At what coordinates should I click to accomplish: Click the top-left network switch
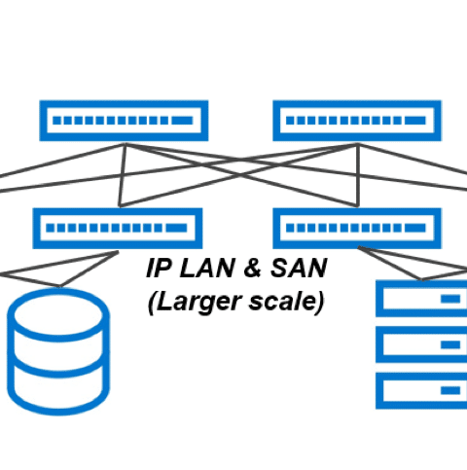click(124, 121)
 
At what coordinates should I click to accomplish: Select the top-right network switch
click(357, 121)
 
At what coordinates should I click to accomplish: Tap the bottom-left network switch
click(118, 229)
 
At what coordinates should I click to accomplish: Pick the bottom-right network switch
click(357, 229)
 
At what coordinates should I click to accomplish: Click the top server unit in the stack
click(421, 299)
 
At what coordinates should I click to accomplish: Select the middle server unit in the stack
click(421, 344)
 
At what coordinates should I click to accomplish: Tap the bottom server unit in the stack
click(421, 390)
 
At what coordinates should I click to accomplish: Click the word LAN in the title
click(207, 269)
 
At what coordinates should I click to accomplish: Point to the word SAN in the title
click(299, 269)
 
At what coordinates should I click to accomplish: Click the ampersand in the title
click(252, 269)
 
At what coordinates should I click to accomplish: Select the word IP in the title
click(159, 269)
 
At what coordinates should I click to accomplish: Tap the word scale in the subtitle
click(283, 302)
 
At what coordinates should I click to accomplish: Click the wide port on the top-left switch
click(182, 121)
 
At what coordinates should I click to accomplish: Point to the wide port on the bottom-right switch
click(415, 228)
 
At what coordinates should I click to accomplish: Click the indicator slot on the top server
click(450, 299)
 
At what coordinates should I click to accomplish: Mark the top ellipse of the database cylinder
click(58, 314)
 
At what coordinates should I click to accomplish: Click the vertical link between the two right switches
click(358, 175)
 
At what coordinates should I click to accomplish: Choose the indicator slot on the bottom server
click(450, 390)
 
